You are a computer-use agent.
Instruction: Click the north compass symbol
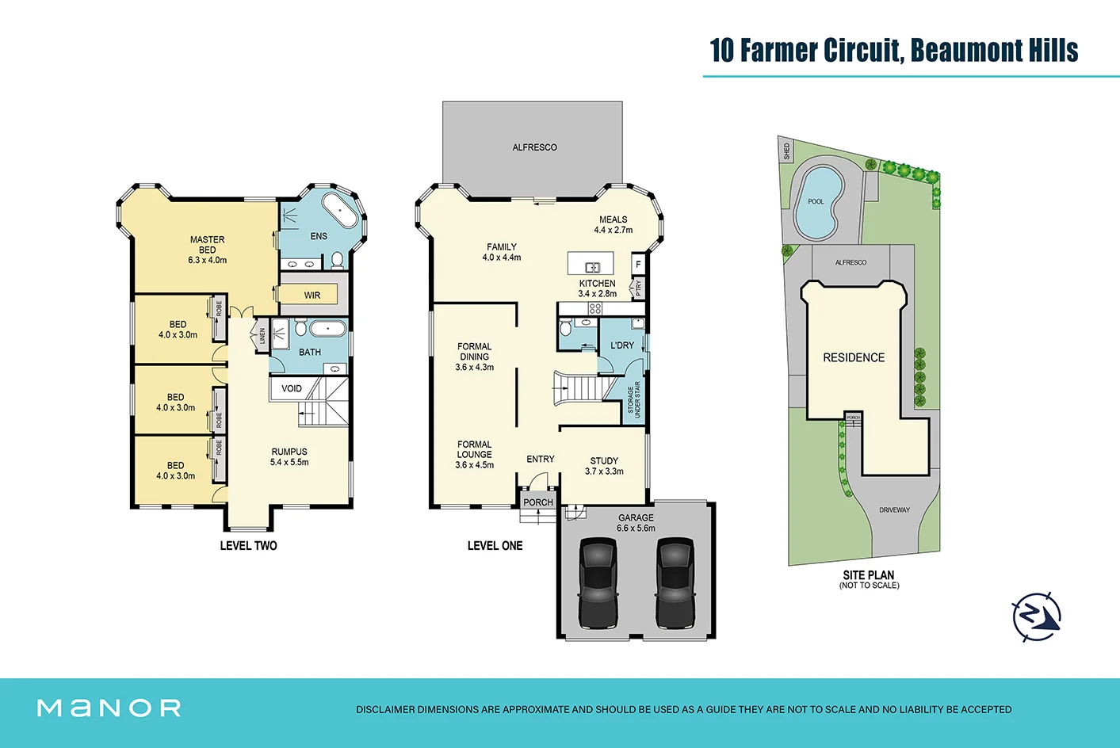(x=1037, y=617)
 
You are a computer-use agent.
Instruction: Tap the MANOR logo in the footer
(x=109, y=708)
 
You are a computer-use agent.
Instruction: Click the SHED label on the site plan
(x=786, y=151)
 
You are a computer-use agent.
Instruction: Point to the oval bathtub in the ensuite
(x=339, y=210)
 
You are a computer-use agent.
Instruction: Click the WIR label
(x=312, y=296)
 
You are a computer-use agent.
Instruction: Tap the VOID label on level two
(x=291, y=389)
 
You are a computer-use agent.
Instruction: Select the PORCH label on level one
(x=538, y=502)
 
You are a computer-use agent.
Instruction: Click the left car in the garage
(x=598, y=582)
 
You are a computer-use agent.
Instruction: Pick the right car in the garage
(x=675, y=582)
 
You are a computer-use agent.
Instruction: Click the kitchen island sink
(x=593, y=268)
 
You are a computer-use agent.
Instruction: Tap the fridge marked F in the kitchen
(x=638, y=265)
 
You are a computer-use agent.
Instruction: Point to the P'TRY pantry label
(x=638, y=288)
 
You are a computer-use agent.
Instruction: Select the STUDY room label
(x=604, y=460)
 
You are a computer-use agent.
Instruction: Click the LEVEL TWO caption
(x=249, y=546)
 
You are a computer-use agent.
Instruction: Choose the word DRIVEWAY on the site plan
(x=895, y=510)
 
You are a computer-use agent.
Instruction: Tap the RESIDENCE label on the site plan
(x=854, y=358)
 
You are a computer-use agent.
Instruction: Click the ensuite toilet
(x=338, y=260)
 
